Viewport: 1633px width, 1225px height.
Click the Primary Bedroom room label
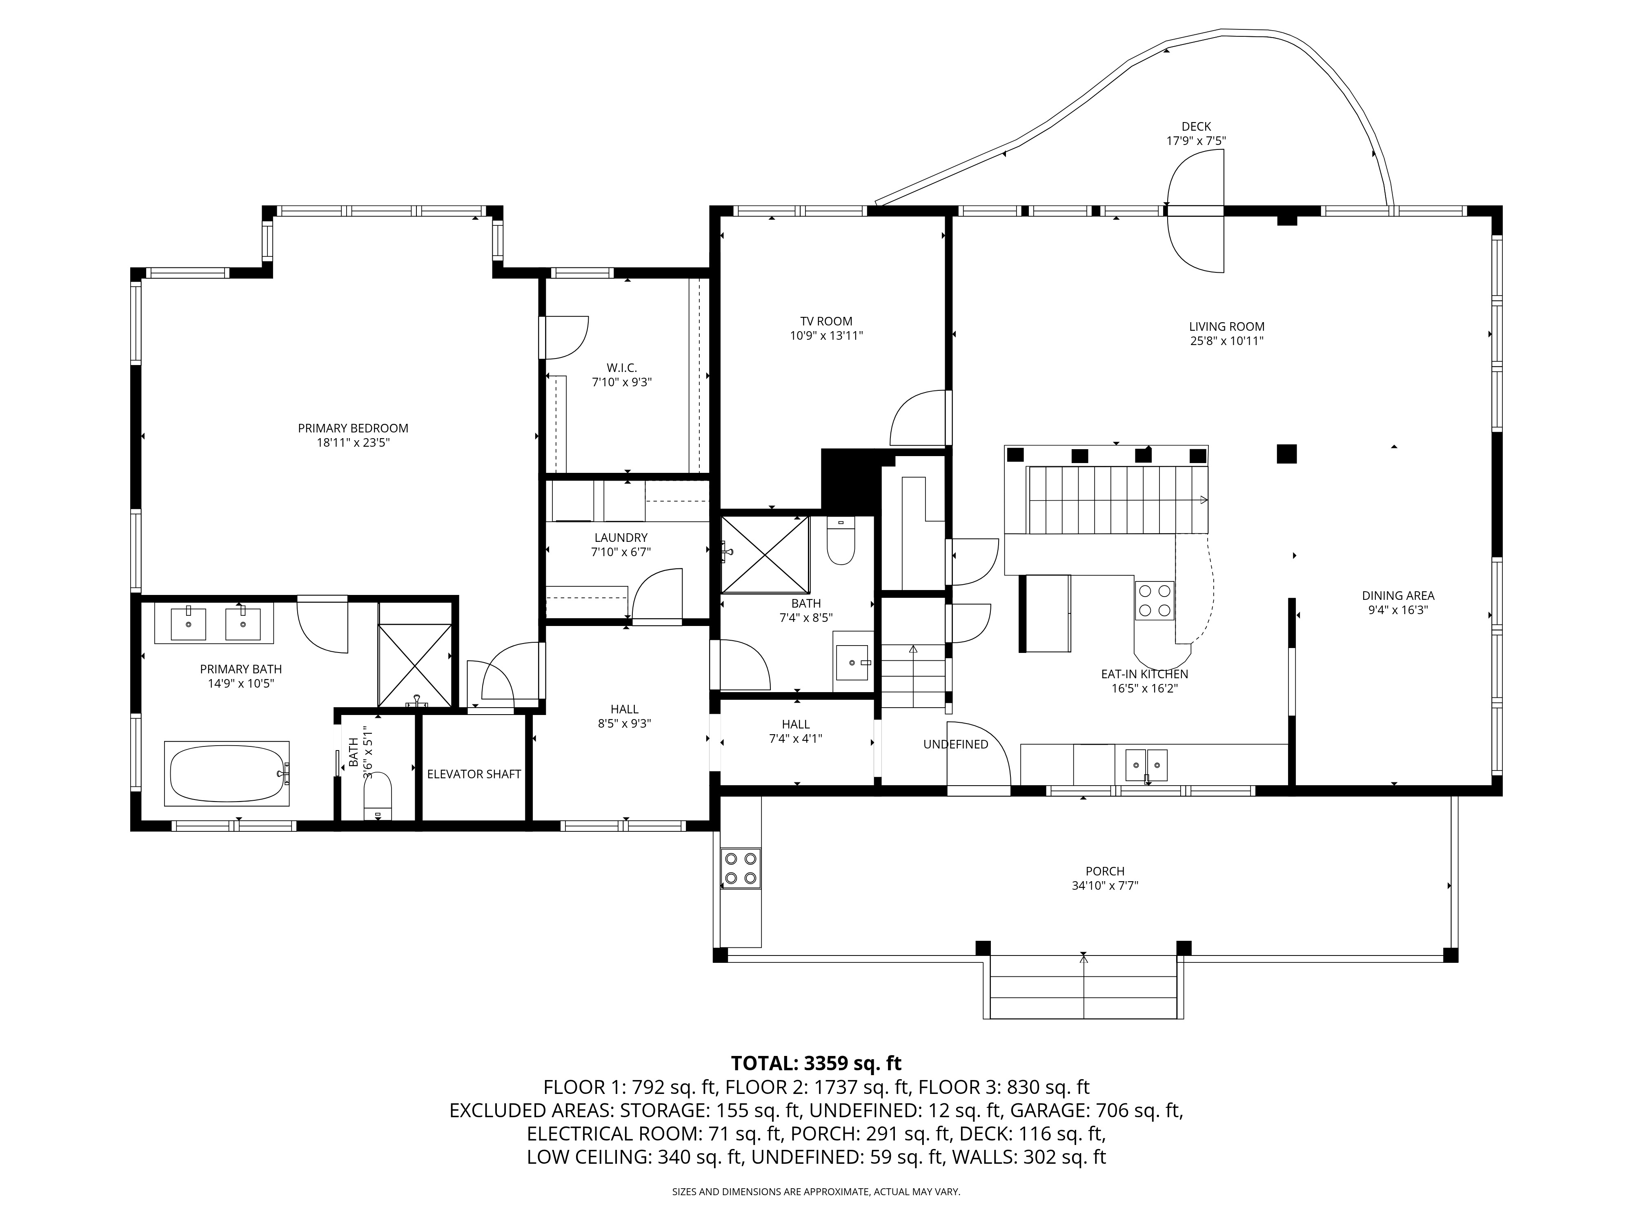[x=353, y=428]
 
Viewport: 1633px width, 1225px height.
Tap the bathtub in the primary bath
[x=227, y=773]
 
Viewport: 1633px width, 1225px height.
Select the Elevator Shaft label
[x=474, y=774]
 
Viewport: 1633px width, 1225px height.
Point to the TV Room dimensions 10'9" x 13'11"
[x=826, y=335]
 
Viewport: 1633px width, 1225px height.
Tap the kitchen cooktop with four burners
[x=1155, y=600]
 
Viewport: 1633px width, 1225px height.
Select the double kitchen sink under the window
[x=1146, y=764]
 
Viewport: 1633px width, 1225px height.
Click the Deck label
[x=1196, y=126]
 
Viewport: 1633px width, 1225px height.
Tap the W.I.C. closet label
[x=622, y=368]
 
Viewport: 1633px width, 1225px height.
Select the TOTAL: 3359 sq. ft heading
[x=816, y=1063]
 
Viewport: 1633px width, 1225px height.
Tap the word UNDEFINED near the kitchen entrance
[x=955, y=744]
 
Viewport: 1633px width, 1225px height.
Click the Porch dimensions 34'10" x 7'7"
[x=1105, y=885]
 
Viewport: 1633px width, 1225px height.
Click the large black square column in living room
[x=1287, y=453]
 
